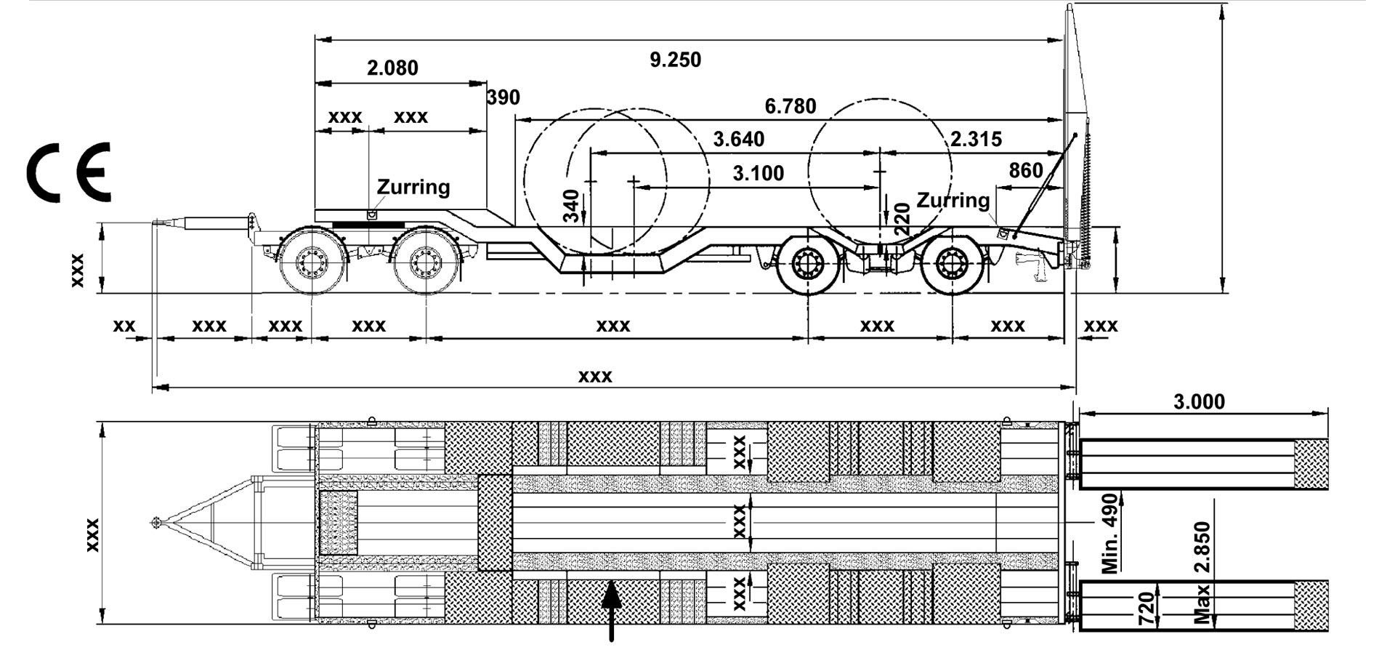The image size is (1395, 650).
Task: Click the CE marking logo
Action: [69, 172]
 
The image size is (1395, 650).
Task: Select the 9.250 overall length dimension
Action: [675, 60]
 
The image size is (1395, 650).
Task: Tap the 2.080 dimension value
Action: [392, 68]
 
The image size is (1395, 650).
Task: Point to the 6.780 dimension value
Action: [790, 107]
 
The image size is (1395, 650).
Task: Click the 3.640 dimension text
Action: [738, 139]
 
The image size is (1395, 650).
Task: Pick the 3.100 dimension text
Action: [758, 174]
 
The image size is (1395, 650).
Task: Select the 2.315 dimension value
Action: [976, 139]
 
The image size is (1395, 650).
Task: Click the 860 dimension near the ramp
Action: [1026, 170]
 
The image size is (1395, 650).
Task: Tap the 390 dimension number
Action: [504, 97]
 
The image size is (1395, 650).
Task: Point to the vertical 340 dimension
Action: [573, 206]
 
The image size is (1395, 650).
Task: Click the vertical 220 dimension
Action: [901, 218]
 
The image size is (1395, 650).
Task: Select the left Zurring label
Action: [413, 187]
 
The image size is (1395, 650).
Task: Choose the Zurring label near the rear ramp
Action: [953, 200]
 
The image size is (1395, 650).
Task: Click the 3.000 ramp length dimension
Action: [1199, 401]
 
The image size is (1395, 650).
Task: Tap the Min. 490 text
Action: [1109, 534]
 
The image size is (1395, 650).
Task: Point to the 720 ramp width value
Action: [1146, 608]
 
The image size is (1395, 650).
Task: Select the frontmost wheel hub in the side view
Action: [312, 260]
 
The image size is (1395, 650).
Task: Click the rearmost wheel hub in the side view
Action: [950, 265]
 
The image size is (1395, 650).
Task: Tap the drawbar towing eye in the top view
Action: [155, 522]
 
